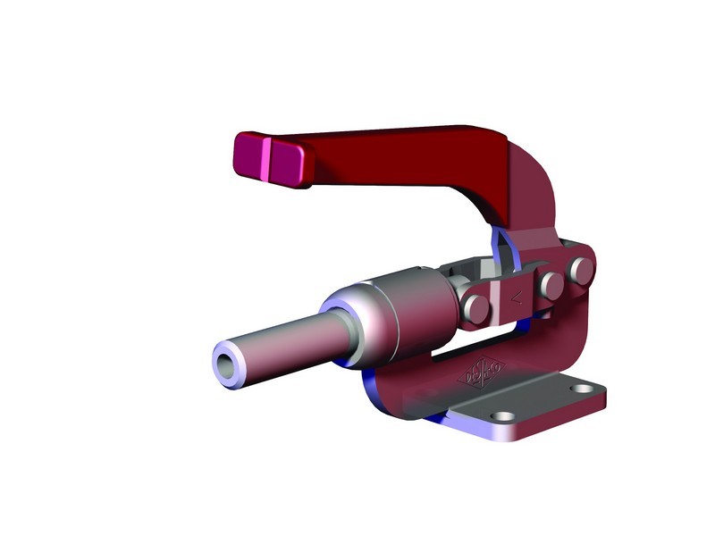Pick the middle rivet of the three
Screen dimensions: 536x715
pyautogui.click(x=552, y=285)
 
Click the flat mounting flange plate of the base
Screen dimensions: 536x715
pyautogui.click(x=536, y=411)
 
